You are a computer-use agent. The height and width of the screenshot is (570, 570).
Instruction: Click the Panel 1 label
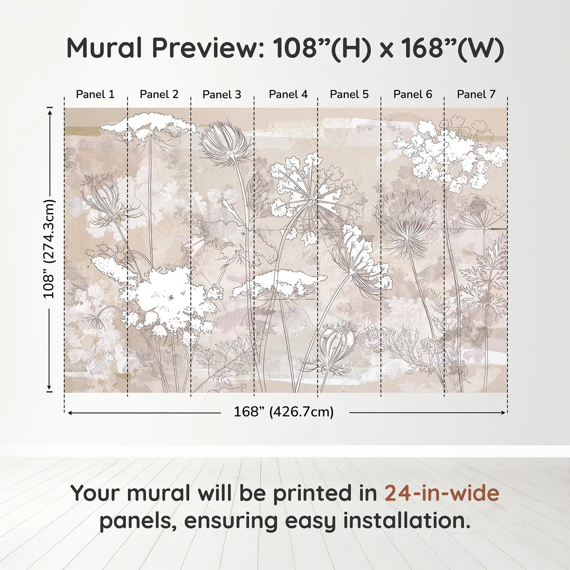click(x=95, y=94)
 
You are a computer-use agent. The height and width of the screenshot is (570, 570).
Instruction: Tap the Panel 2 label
click(x=159, y=94)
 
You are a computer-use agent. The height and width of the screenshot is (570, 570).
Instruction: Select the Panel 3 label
click(x=222, y=95)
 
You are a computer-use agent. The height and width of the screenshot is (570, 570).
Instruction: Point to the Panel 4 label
click(x=288, y=94)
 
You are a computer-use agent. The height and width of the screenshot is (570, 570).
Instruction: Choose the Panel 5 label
click(x=349, y=94)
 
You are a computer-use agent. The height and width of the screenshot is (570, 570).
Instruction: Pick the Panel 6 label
click(x=412, y=94)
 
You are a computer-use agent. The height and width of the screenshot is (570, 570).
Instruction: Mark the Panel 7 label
click(x=476, y=94)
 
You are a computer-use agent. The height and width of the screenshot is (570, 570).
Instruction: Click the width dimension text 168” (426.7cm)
click(x=283, y=412)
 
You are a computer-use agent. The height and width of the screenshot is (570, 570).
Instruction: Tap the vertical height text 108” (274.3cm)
click(x=49, y=249)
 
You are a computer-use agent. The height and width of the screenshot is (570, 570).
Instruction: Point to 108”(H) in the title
click(x=322, y=48)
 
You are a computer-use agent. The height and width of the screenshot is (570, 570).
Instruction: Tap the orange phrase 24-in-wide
click(x=442, y=493)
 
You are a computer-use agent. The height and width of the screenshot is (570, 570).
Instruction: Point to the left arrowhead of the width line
click(x=70, y=413)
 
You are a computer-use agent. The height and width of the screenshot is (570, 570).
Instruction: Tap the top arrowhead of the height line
click(x=50, y=111)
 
